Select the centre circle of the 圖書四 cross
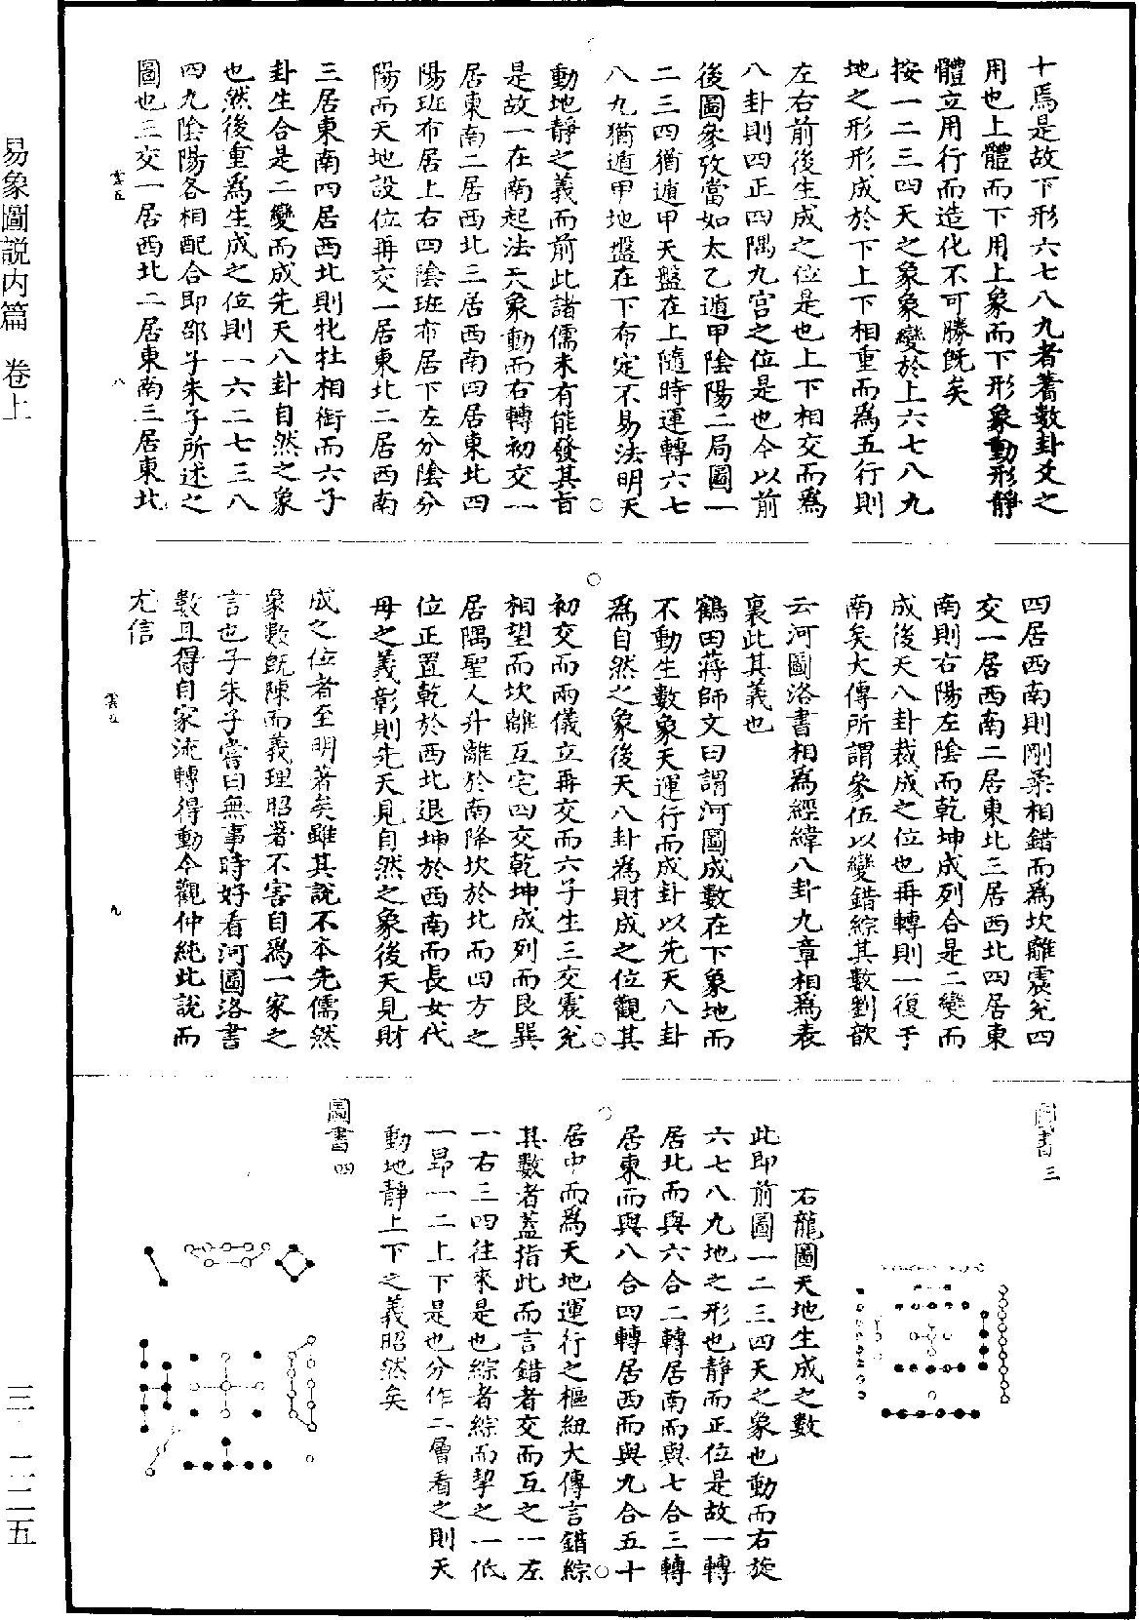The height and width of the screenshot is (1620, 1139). click(225, 1385)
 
